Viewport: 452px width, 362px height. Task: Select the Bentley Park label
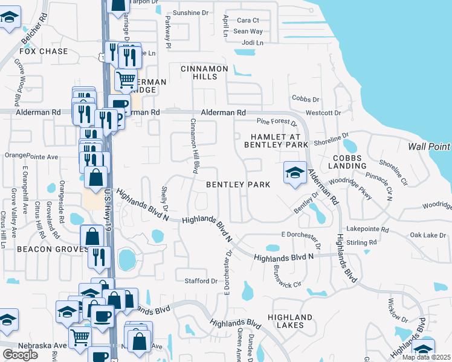(237, 185)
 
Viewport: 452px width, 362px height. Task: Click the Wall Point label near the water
(429, 147)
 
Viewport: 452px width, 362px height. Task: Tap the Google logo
(20, 354)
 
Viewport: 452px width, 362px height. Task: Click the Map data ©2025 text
(426, 357)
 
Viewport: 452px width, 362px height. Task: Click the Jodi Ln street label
(253, 43)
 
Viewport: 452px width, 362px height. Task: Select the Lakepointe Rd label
(368, 230)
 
